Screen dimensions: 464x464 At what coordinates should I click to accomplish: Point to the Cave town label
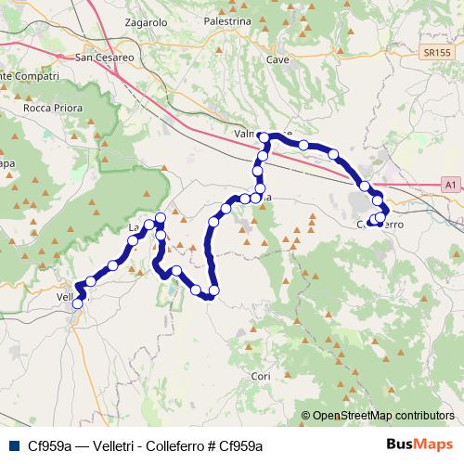277,59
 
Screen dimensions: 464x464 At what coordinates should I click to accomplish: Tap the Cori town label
261,376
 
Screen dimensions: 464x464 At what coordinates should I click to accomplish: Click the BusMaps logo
419,445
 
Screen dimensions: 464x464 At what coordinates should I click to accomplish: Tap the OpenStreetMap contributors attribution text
383,416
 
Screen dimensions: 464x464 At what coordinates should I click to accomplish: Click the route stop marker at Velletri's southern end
78,303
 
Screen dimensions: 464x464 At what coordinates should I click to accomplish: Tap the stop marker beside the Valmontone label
264,137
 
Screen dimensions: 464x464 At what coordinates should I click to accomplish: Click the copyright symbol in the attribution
306,416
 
